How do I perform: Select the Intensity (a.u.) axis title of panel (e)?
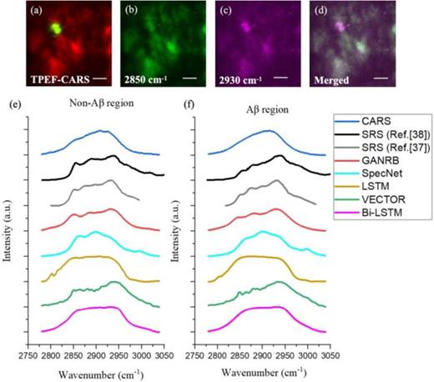click(8, 225)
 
